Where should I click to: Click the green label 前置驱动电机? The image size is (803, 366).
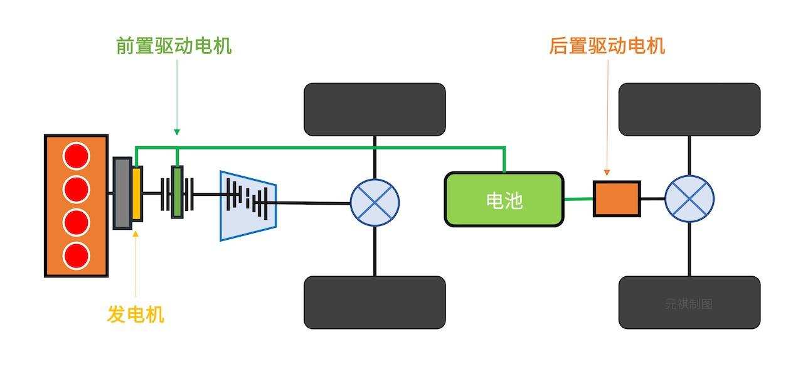pos(174,46)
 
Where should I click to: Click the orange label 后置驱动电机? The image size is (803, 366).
pos(607,46)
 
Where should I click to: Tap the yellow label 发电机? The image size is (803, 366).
pos(136,314)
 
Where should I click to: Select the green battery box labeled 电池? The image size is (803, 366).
pos(504,200)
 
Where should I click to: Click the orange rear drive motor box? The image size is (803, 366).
pos(617,199)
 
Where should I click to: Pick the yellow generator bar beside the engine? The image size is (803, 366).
pos(137,193)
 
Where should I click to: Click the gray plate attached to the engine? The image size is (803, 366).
pos(122,193)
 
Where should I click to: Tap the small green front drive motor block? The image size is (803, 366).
pos(178,192)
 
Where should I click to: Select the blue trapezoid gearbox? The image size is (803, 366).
pos(248,205)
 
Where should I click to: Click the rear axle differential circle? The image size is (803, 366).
pos(689,199)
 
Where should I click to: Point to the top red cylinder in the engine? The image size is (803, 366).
pos(77,155)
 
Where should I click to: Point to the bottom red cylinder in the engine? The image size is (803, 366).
pos(77,254)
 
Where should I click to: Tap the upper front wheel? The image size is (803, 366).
pos(375,109)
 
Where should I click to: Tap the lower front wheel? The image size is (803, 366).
pos(375,302)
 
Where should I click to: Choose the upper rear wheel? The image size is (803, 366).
pos(689,109)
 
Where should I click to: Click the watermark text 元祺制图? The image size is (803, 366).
pos(689,304)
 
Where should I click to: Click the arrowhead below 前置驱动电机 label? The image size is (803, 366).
pos(177,132)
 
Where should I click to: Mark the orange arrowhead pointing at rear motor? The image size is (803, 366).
pos(607,171)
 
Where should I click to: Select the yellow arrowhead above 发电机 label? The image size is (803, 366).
pos(136,234)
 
